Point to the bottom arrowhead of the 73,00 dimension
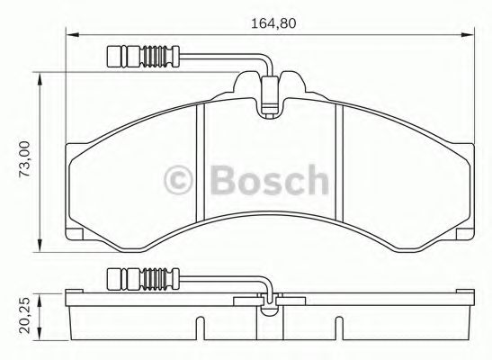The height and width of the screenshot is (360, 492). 41,253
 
